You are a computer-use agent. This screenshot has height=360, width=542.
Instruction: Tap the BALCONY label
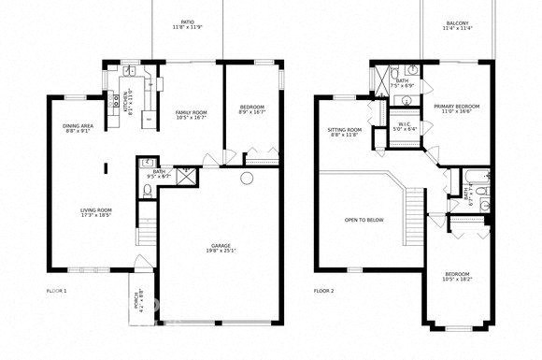(x=457, y=22)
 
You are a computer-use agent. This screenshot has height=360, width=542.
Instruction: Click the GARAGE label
(x=221, y=246)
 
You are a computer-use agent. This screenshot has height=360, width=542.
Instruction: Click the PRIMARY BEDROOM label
(x=457, y=107)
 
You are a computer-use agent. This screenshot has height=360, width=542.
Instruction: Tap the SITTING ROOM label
(x=345, y=130)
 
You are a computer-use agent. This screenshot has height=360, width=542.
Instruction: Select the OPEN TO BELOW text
(x=364, y=221)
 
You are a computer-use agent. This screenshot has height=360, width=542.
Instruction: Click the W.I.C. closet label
(x=405, y=123)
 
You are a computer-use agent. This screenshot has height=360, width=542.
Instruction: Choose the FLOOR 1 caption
(x=58, y=291)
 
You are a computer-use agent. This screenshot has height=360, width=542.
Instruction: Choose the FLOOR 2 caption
(x=325, y=291)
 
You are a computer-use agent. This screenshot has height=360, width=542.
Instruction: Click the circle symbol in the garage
(x=247, y=177)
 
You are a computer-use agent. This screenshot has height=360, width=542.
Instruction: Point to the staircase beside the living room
(x=145, y=235)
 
